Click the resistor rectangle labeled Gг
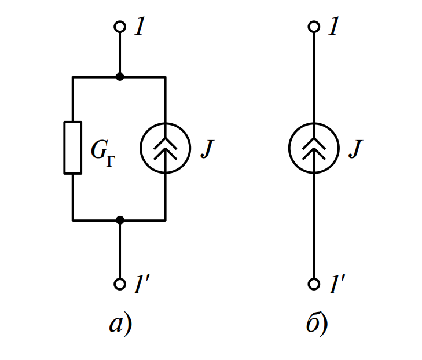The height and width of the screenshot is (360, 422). pos(72,148)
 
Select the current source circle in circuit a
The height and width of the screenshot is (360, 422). pos(166,148)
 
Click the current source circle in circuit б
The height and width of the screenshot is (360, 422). pos(313,148)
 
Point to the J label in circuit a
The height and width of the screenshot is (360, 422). pos(207,149)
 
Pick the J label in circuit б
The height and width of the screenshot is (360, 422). pos(354,149)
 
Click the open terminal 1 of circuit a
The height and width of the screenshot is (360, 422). pos(120,27)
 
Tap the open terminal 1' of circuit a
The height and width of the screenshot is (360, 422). pos(120,284)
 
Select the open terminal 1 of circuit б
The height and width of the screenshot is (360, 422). pos(313,27)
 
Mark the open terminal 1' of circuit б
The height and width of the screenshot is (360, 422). pos(313,284)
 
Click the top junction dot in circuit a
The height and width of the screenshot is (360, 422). pos(120,77)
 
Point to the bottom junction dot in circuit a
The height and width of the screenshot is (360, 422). pos(120,220)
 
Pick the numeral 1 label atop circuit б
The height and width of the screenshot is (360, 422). pos(332,27)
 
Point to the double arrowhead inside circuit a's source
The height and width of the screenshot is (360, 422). pos(166,149)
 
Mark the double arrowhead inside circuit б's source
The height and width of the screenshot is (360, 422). pos(313,149)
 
